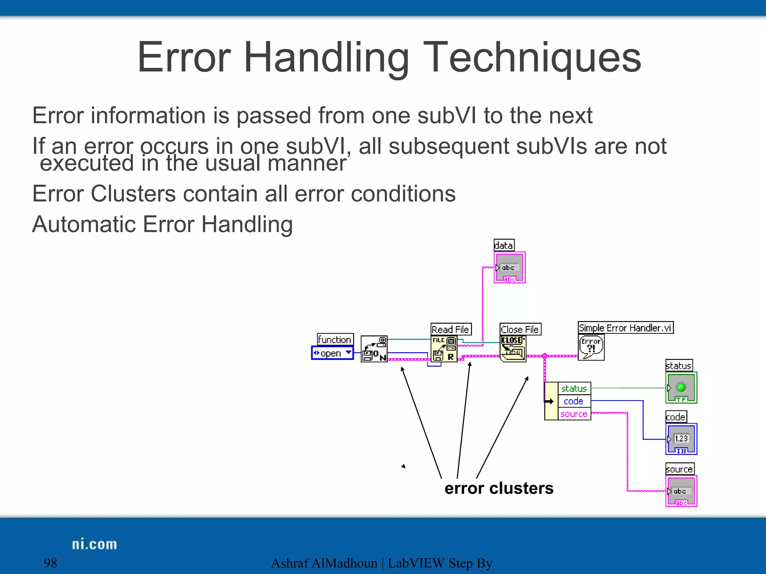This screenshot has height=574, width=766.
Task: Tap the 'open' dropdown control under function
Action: (332, 353)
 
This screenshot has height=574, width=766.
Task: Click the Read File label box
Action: (450, 329)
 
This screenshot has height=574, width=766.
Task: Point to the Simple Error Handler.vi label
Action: (625, 328)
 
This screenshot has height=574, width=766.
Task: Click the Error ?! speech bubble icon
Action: (591, 347)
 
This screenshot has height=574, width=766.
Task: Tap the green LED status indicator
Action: (681, 388)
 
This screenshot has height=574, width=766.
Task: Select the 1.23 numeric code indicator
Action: (681, 439)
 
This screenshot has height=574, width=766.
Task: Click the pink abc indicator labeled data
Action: (509, 268)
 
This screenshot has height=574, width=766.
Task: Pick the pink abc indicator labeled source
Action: (681, 491)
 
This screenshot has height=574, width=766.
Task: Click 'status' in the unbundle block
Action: (574, 389)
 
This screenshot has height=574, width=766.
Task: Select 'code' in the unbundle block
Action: (573, 401)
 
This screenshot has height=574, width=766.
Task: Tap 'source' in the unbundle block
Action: (574, 414)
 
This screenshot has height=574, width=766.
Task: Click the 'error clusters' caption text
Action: (499, 488)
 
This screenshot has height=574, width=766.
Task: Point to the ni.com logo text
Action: (94, 544)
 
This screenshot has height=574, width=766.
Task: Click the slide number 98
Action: (50, 563)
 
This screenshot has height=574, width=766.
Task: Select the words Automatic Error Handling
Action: (162, 224)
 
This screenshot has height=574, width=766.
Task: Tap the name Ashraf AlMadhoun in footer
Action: (324, 563)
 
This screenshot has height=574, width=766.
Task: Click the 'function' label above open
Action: (335, 339)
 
